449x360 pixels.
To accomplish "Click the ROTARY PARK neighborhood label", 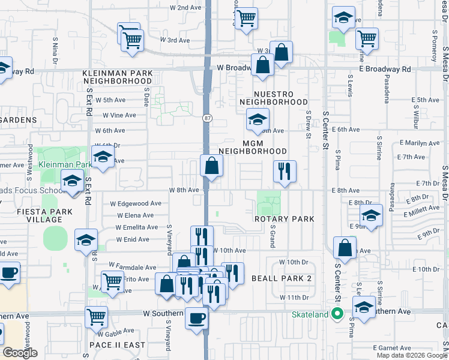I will coord(284,219).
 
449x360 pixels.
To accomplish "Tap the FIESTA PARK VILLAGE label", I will coord(36,215).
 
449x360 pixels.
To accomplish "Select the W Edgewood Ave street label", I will coord(136,203).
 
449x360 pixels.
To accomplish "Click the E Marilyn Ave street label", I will coord(422,143).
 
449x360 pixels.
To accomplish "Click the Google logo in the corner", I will coord(20,353).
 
